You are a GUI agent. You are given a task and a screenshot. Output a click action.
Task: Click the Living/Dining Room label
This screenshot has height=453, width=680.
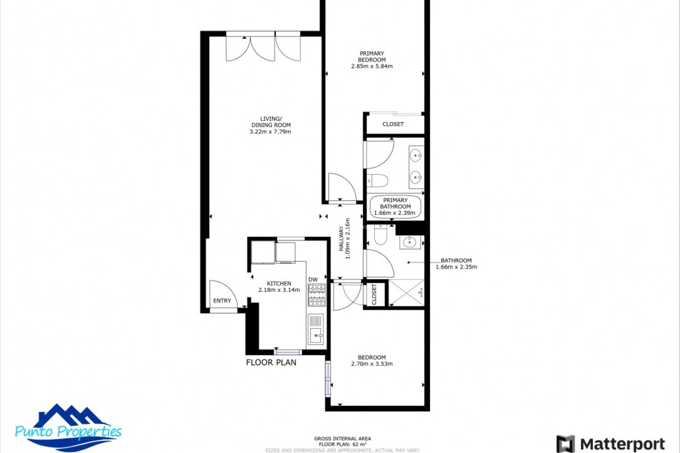click(271, 125)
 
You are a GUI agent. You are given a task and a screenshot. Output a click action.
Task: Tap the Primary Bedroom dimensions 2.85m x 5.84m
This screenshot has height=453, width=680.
click(372, 66)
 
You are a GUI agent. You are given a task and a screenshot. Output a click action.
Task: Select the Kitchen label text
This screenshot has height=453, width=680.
click(279, 283)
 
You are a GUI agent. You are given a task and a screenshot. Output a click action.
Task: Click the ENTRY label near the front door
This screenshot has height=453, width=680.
click(222, 300)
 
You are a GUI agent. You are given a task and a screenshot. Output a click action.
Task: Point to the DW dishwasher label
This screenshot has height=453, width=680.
click(313, 280)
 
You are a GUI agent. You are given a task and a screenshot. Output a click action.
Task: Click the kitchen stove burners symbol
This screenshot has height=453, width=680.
click(316, 295)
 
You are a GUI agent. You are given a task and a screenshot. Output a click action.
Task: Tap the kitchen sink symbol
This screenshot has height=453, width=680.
click(315, 334)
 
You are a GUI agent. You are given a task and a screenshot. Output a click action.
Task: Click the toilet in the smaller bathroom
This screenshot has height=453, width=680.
click(380, 236)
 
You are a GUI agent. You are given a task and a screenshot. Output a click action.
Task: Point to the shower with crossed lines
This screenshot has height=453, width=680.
click(406, 293)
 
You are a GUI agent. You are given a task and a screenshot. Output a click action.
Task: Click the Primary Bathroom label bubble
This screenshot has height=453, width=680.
click(395, 207)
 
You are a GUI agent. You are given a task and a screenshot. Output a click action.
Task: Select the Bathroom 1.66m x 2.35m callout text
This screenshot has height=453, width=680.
click(456, 264)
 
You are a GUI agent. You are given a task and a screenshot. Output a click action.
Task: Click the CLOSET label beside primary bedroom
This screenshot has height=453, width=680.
click(393, 124)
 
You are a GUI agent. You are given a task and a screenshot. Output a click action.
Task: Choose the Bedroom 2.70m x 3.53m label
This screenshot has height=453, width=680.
click(372, 361)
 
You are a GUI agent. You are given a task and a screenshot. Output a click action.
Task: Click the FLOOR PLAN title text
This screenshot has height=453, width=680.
click(271, 362)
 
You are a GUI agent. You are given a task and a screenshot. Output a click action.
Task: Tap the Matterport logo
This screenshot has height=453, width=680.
click(611, 444)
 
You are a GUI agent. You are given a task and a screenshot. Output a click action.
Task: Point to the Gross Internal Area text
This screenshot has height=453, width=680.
click(342, 441)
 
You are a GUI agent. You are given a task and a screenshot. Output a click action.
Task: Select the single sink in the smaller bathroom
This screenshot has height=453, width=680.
click(410, 242)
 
